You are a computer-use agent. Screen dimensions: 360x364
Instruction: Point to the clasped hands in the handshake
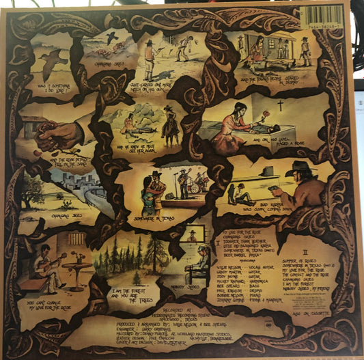(x=58, y=136)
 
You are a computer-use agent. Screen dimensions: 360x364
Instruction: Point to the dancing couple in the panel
(x=152, y=184)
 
